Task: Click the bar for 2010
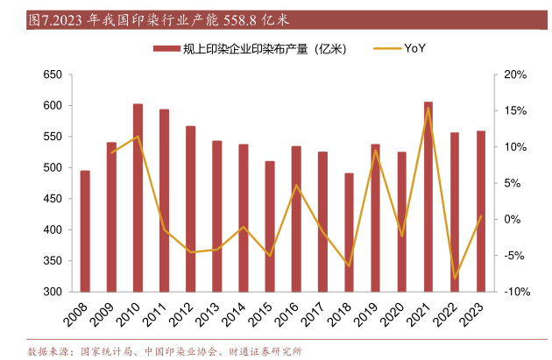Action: point(138,197)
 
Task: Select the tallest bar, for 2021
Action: point(428,196)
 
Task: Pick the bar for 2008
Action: point(85,230)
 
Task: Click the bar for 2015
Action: point(270,226)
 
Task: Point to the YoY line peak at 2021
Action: point(428,109)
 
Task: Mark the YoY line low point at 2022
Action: point(455,279)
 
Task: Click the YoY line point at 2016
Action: point(296,185)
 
